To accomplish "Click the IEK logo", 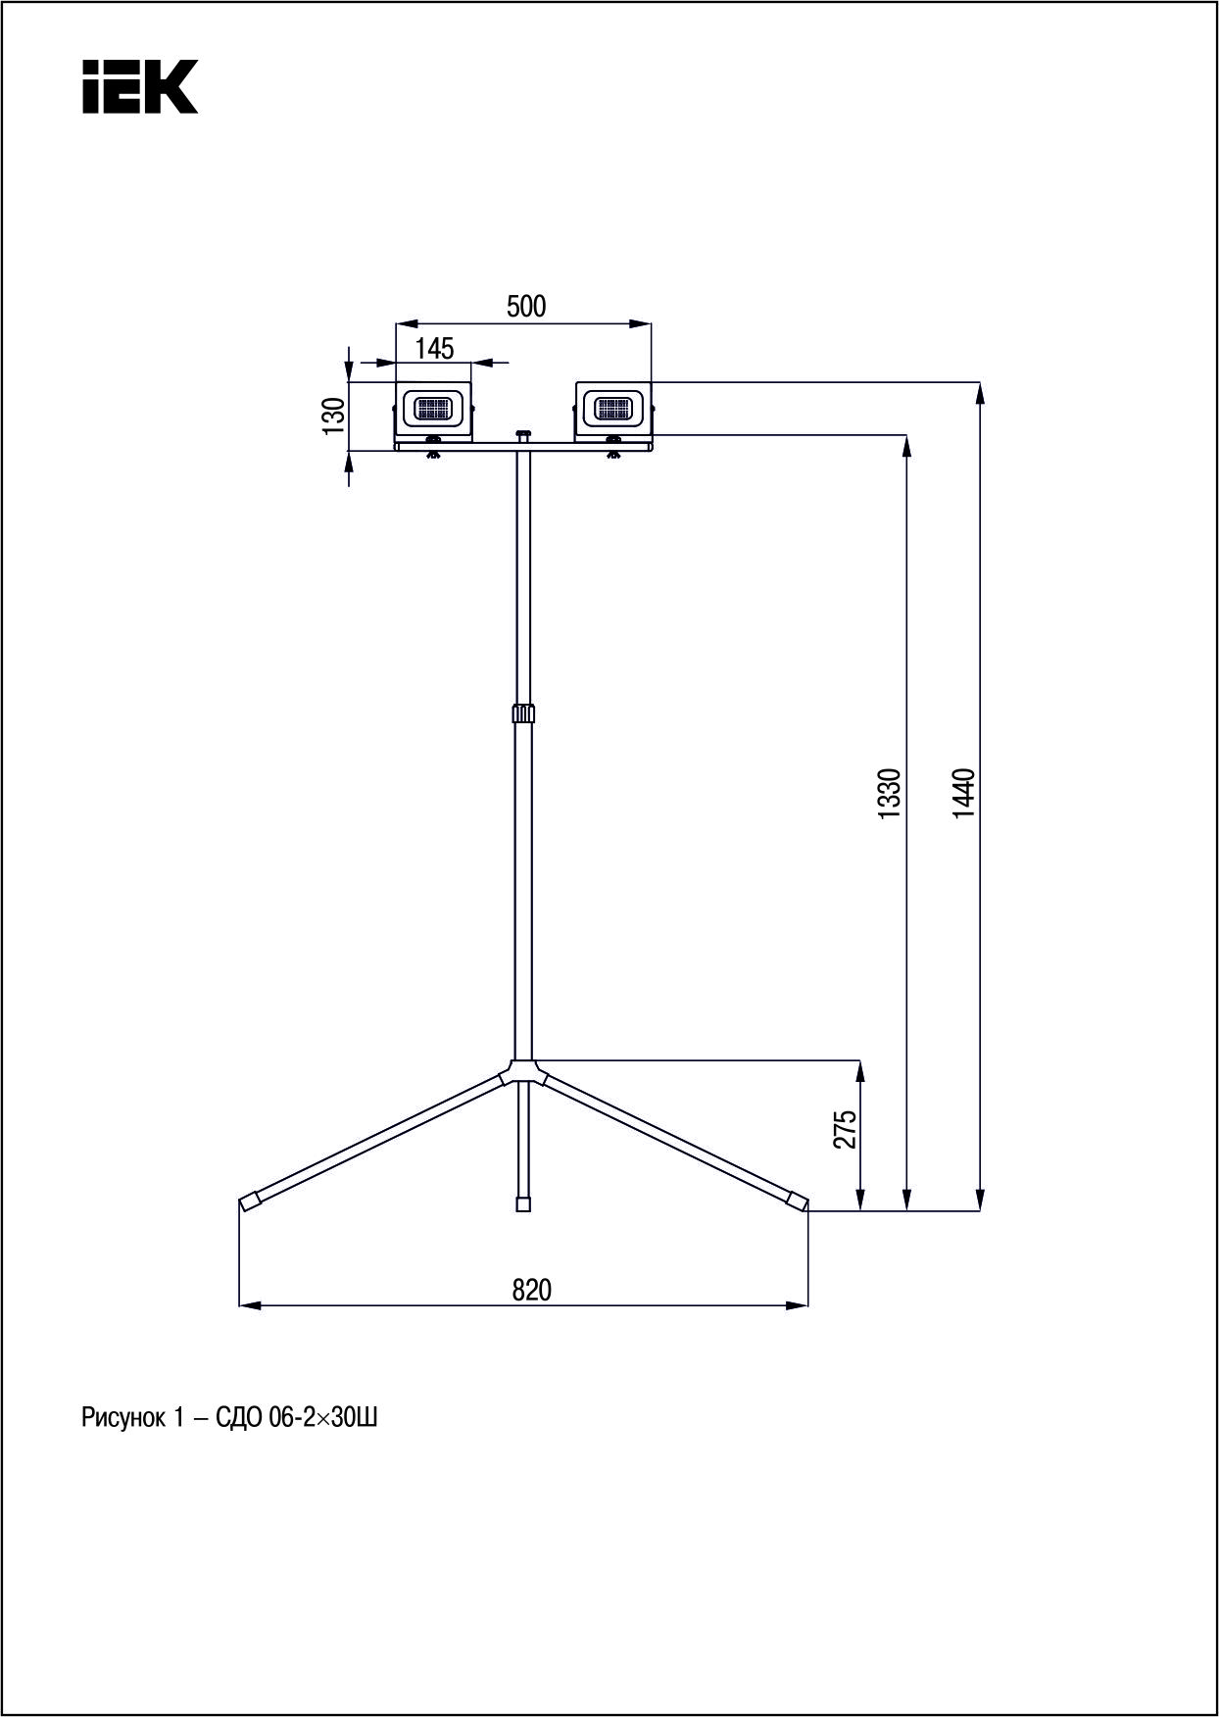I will pos(139,86).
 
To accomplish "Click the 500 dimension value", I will pos(526,307).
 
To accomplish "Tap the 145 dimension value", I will pos(434,349).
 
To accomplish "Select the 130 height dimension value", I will pos(334,415).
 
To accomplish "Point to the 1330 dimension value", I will pos(889,794).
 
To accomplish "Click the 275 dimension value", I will pos(846,1129).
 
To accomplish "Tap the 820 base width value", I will pos(532,1290).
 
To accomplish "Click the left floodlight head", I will pos(433,408).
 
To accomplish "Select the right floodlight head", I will pos(613,408).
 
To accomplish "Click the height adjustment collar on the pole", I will pos(524,712).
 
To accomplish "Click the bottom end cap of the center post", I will pos(523,1204).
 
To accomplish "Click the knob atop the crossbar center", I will pos(523,433).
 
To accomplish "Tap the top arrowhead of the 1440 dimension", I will pos(979,391).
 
